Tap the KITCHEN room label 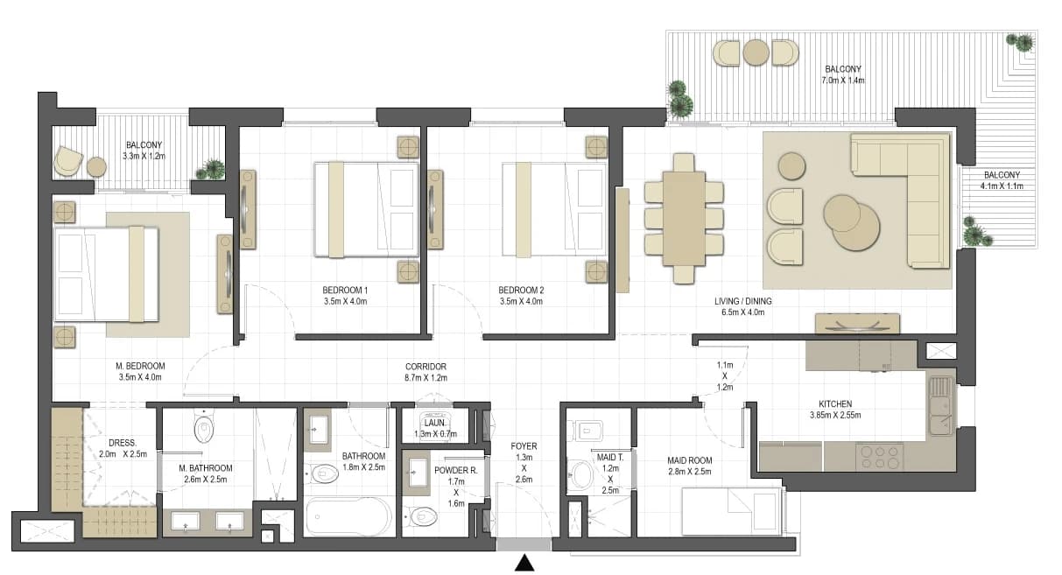point(835,403)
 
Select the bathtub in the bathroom point(349,516)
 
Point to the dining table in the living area point(684,219)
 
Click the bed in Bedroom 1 point(367,209)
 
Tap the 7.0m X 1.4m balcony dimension point(842,81)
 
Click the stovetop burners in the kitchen point(881,458)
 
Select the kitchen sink point(941,405)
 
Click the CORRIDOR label point(426,367)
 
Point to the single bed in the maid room point(730,512)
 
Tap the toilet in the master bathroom point(204,427)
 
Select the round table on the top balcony point(756,53)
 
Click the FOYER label point(524,446)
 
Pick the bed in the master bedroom point(106,274)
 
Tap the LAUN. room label point(435,423)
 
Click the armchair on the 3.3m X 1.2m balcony point(67,161)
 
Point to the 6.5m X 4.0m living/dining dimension point(743,312)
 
